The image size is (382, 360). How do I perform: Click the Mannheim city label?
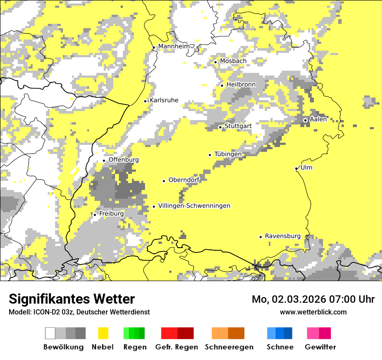coord(174,46)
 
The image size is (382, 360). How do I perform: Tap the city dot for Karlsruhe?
coord(145,101)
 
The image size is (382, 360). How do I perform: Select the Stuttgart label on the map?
coord(238,126)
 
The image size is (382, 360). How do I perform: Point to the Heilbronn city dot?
coord(222,85)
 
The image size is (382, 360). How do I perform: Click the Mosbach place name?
coord(233,61)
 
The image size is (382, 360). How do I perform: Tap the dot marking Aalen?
coord(305,120)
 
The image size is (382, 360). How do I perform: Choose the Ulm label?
coord(306,168)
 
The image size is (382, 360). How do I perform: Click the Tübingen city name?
coord(228,154)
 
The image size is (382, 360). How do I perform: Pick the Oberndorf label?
coord(184,180)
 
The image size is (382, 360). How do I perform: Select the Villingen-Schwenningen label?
coord(194,206)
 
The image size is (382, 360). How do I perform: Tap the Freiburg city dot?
coord(95,215)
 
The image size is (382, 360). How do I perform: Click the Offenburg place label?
coord(124,160)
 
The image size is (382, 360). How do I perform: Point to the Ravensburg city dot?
coord(260,237)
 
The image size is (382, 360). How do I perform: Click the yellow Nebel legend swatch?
coord(103,333)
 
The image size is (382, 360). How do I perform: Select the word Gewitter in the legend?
coord(320,347)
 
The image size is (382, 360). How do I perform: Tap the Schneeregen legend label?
coord(229,347)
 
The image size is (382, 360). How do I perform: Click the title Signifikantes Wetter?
coord(72,299)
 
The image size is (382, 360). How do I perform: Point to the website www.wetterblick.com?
coord(313,312)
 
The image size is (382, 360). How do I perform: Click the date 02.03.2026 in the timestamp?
coord(294,299)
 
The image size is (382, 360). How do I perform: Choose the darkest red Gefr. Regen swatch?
coord(185,333)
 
